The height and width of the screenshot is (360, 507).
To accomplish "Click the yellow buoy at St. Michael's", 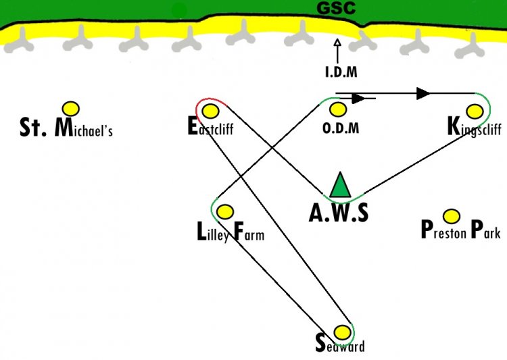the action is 71,109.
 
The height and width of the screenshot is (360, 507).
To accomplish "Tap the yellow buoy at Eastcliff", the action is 210,111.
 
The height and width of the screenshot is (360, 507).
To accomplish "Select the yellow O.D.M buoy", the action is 338,109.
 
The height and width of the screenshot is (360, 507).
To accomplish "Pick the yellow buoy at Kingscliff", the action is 475,111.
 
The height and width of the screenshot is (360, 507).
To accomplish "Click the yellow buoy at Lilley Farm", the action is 224,212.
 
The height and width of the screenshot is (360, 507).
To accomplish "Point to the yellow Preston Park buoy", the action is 452,216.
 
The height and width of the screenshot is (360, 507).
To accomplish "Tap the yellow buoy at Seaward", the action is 342,332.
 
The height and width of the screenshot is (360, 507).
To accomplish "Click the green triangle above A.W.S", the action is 340,186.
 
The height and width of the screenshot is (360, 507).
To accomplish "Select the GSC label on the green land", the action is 336,8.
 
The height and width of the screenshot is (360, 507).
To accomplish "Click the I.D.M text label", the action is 341,72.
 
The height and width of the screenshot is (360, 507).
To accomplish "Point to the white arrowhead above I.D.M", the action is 337,43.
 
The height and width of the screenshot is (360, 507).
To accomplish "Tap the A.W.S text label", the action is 339,213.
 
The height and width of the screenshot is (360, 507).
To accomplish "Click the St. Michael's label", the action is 66,128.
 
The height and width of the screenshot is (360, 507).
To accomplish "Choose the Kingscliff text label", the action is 475,128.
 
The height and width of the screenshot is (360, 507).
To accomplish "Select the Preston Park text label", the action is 461,230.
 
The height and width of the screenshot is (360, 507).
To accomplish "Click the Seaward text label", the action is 340,344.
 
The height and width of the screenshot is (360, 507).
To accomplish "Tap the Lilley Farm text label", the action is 231,232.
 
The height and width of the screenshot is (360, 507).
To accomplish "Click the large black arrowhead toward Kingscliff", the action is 423,93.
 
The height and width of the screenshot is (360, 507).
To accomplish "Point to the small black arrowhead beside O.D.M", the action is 358,99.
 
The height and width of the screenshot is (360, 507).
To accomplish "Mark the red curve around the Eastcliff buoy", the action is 210,98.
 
